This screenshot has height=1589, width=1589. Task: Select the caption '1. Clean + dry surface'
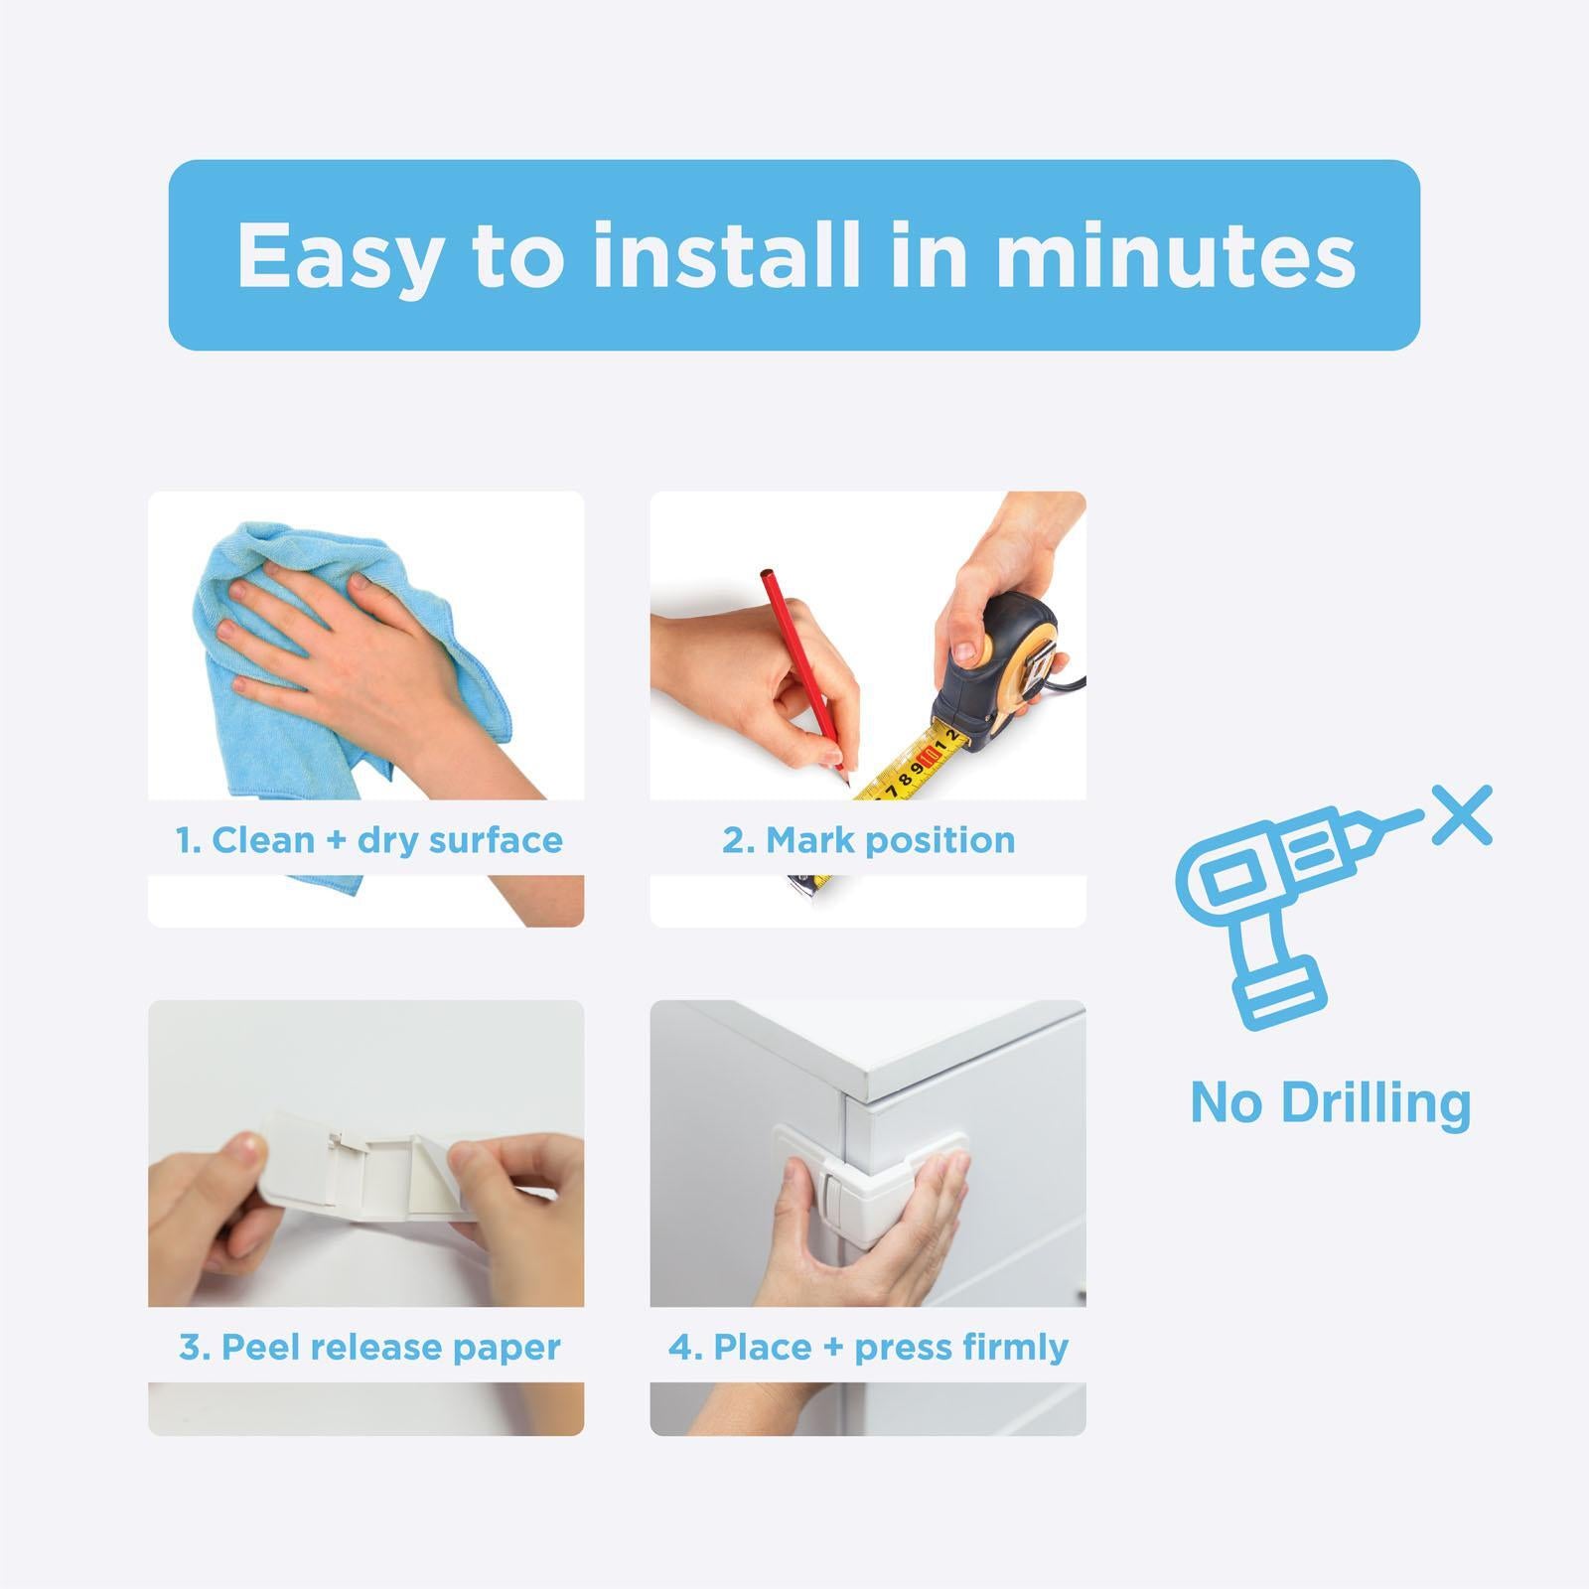pos(368,840)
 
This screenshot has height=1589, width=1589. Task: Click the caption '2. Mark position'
pos(868,840)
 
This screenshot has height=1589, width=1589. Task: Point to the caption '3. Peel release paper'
pos(369,1348)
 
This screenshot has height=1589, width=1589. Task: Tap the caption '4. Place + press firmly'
pos(868,1348)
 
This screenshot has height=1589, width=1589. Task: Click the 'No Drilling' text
pos(1330,1102)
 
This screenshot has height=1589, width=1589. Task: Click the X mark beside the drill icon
pos(1462,815)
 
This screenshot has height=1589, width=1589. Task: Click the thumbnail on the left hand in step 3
pos(251,1153)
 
